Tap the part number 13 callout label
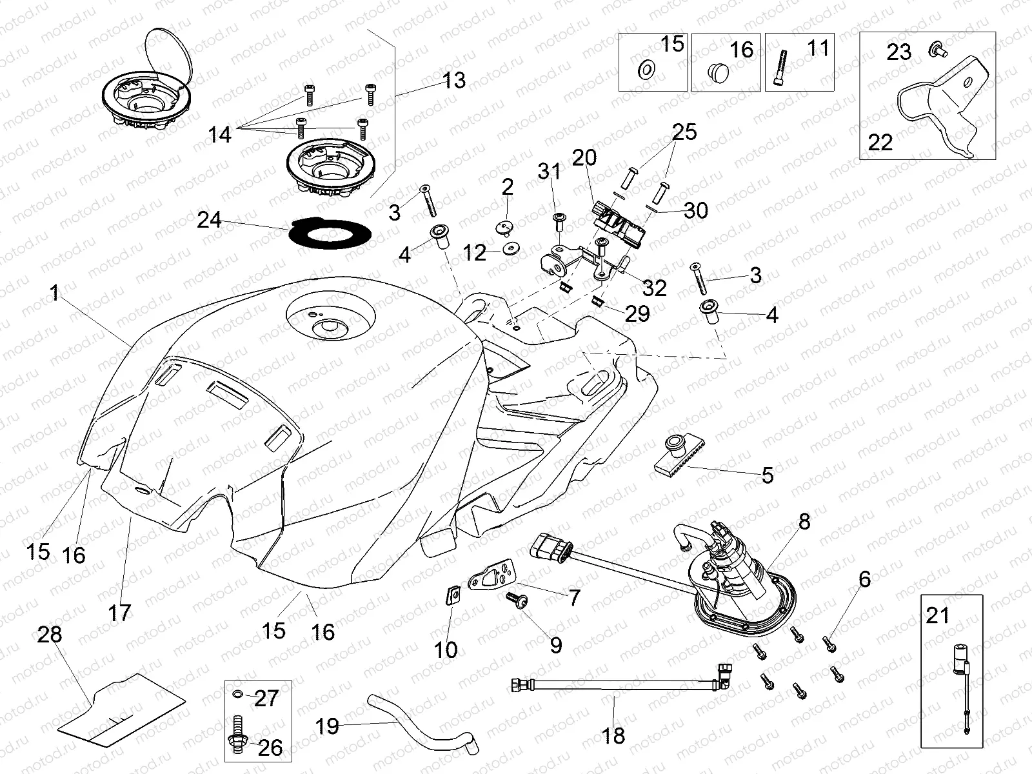tap(454, 81)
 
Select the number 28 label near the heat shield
tap(50, 635)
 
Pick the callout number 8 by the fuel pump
tap(804, 522)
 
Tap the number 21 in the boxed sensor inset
tap(938, 615)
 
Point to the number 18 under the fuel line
tap(614, 735)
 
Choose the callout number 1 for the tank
tap(55, 294)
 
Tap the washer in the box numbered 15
tap(644, 70)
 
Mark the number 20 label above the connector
tap(584, 157)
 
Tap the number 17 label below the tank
tap(120, 612)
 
